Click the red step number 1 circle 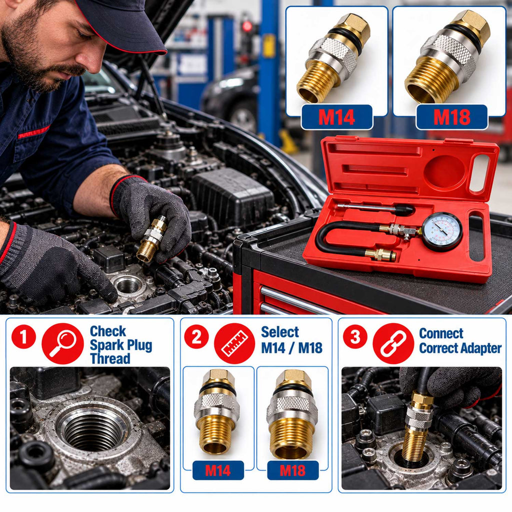click(23, 336)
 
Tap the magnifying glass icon click(62, 343)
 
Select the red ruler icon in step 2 click(234, 343)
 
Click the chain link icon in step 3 click(393, 343)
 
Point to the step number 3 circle click(355, 336)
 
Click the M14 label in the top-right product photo click(336, 117)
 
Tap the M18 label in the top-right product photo click(452, 117)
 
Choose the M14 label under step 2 click(218, 470)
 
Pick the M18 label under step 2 click(293, 470)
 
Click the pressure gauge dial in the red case click(442, 231)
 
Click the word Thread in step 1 click(110, 358)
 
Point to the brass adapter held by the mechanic click(151, 238)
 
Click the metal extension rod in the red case click(375, 207)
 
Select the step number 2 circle click(196, 336)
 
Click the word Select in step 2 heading click(280, 332)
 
